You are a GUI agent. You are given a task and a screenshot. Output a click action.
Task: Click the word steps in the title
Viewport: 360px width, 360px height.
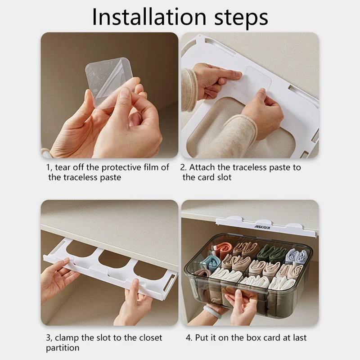tap(241, 18)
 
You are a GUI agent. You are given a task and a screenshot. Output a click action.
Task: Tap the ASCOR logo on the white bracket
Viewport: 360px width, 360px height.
tap(262, 227)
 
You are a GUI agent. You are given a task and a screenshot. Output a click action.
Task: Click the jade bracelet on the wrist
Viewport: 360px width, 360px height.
tap(212, 311)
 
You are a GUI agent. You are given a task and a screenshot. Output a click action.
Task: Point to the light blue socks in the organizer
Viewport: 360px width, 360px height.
tap(297, 256)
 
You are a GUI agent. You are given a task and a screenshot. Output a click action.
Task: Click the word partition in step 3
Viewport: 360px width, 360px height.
tap(63, 348)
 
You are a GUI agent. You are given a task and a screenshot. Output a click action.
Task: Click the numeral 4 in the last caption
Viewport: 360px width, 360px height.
tap(188, 338)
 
